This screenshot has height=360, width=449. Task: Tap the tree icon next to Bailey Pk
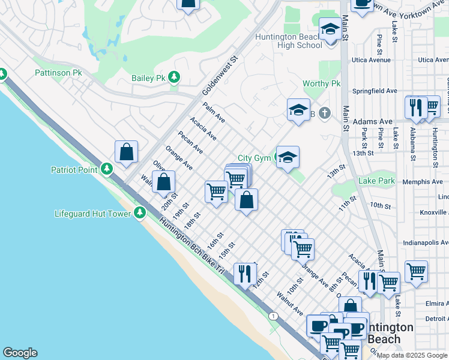(174, 77)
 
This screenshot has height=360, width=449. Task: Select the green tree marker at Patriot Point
(106, 169)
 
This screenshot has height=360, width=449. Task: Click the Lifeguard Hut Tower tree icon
(140, 212)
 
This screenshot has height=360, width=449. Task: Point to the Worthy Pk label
(322, 84)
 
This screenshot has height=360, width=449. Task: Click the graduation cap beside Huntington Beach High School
(330, 28)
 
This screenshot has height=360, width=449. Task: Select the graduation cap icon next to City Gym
(288, 158)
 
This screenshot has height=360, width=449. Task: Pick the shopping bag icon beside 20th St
(163, 181)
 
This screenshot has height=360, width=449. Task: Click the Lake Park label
(376, 181)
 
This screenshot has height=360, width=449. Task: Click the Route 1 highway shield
(274, 316)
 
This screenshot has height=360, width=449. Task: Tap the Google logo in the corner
(20, 353)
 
